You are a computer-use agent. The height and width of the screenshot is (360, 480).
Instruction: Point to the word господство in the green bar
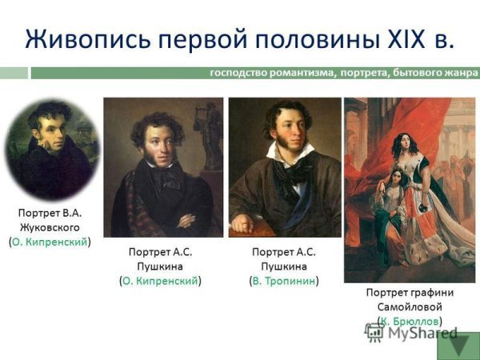tap(238, 73)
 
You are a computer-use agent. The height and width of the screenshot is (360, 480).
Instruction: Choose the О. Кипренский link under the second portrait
tap(160, 280)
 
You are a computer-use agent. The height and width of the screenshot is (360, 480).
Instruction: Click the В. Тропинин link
tap(285, 280)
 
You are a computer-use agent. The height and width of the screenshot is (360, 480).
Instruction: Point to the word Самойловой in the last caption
tap(410, 307)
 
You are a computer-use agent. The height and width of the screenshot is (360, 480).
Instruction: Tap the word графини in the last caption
tap(433, 293)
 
